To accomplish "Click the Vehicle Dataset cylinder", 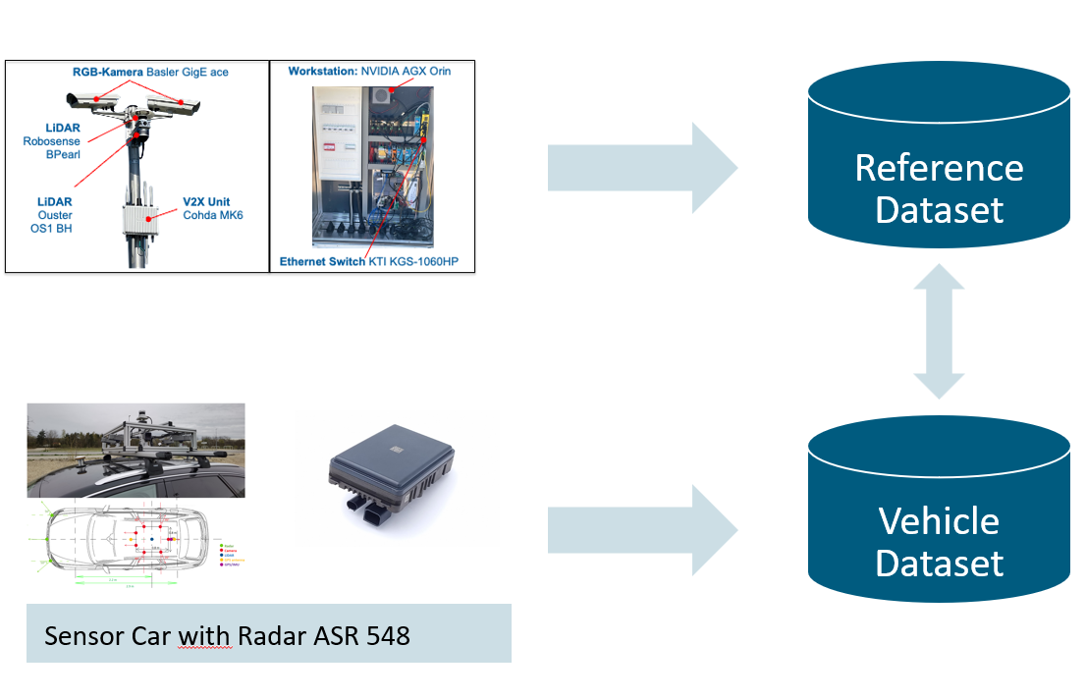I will click(939, 515).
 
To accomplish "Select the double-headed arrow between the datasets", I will click(939, 330).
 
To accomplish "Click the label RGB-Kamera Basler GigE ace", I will click(163, 72).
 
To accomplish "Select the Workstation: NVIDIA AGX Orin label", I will click(369, 72).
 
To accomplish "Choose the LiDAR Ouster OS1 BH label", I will click(48, 215).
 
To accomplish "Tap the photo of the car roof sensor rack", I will click(136, 451).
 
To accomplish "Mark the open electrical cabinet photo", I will click(371, 165).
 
